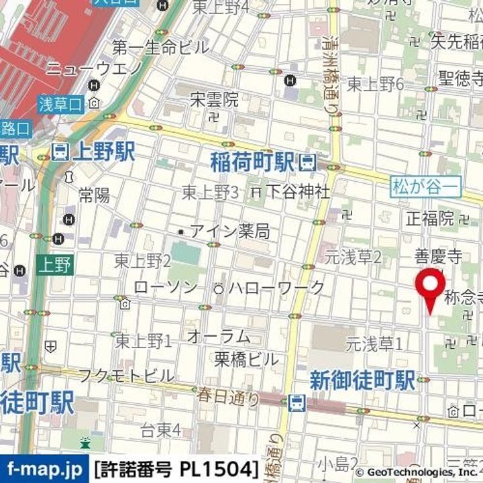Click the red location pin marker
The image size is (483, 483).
tap(430, 287)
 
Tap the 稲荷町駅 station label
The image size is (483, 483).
tap(253, 162)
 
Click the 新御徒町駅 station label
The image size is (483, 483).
tap(362, 381)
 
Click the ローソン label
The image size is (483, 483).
tap(166, 288)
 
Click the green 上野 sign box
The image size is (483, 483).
tap(55, 264)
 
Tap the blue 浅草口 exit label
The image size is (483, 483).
tap(60, 104)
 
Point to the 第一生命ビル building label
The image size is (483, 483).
tap(160, 48)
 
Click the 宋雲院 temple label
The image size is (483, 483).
tap(214, 101)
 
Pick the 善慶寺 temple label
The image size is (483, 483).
tap(438, 256)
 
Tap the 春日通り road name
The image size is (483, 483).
tap(228, 397)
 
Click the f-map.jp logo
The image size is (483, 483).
tap(43, 466)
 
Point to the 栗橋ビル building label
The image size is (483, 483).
tap(246, 359)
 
